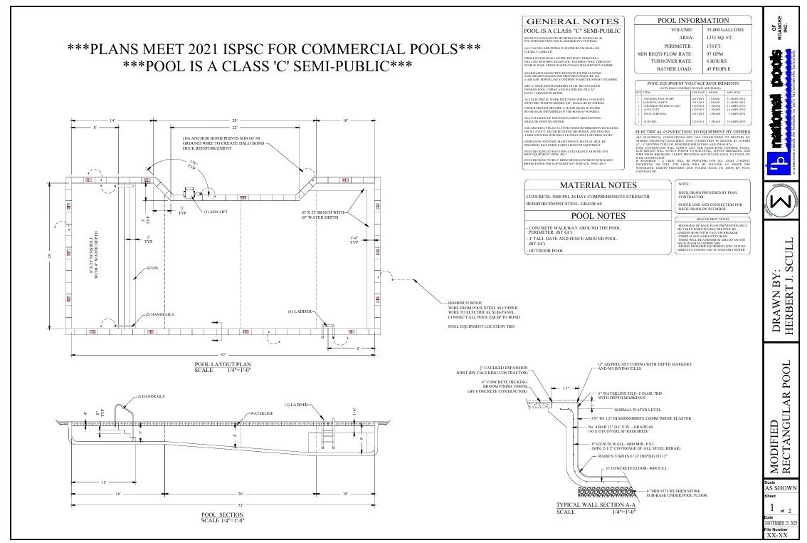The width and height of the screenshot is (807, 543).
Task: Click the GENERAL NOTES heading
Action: (x=571, y=22)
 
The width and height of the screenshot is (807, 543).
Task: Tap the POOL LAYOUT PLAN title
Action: (x=223, y=365)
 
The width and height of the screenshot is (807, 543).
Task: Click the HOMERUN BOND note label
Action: (x=463, y=303)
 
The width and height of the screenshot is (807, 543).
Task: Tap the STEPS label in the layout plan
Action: (x=152, y=268)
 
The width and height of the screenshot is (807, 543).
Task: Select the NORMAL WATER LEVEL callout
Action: (x=637, y=410)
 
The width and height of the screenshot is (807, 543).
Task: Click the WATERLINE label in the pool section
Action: (x=260, y=413)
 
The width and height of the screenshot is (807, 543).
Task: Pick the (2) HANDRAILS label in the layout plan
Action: (x=160, y=314)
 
